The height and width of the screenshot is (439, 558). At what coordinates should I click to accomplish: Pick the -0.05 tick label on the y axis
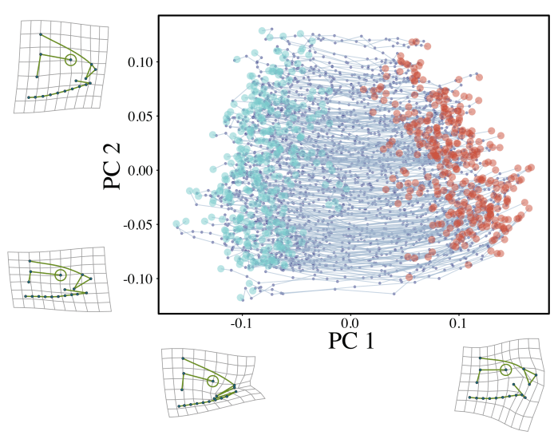coord(137,224)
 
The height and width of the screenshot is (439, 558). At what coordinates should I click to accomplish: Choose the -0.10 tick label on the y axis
coord(137,279)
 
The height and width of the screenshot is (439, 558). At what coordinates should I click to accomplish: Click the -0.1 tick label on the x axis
coord(240,324)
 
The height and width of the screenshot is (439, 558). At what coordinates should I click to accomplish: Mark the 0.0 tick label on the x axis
coord(350,324)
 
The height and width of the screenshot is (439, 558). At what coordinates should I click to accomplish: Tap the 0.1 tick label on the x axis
coord(458,324)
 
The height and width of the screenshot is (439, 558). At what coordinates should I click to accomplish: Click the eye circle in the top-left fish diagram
coord(70,59)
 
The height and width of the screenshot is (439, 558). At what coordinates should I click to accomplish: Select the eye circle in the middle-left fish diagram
coord(61,275)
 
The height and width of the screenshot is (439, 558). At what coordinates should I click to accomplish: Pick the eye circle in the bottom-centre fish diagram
coord(212,381)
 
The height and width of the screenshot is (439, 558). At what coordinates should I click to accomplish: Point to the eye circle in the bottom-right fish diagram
coord(505,369)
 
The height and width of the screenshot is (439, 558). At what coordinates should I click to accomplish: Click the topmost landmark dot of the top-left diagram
coord(41,34)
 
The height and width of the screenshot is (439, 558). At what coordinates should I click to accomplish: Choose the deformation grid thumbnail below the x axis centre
coord(209,382)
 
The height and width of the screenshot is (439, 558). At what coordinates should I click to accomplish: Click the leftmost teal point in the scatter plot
coord(176,223)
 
